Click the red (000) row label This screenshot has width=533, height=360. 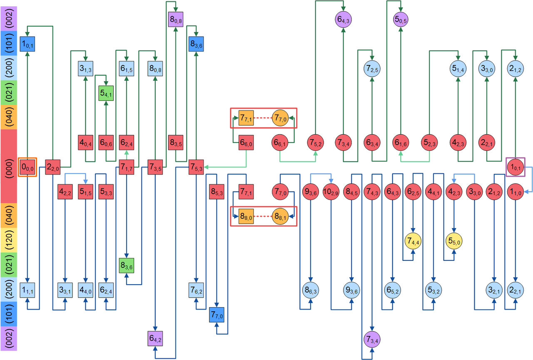pos(8,166)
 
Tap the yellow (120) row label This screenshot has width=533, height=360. pos(8,240)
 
